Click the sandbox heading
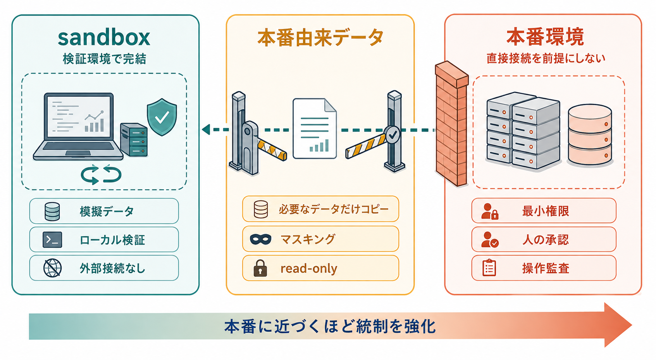(104, 38)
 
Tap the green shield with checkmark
(162, 117)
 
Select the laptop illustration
(78, 127)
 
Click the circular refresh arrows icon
(101, 175)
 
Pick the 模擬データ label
(107, 211)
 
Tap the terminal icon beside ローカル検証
(52, 239)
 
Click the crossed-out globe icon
(52, 268)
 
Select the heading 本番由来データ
(320, 38)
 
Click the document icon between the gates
(315, 129)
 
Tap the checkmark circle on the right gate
(392, 134)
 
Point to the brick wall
(451, 123)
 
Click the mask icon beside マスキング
(261, 239)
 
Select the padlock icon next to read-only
(260, 268)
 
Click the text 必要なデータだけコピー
(334, 209)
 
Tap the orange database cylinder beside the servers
(590, 134)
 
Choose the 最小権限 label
(546, 211)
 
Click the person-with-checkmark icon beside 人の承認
(490, 239)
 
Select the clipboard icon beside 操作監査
(489, 268)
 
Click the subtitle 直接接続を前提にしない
(546, 59)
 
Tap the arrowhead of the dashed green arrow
(206, 129)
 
